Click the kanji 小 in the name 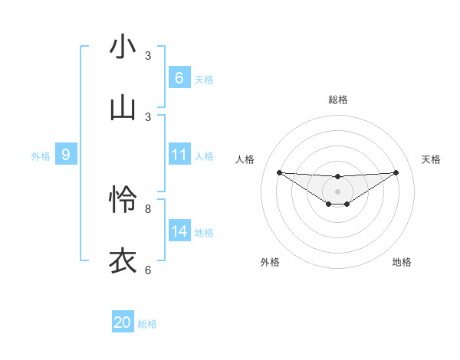point(123,47)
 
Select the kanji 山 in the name point(123,108)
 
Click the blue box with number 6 point(179,78)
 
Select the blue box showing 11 point(179,155)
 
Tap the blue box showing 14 point(179,231)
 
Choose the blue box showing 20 point(122,322)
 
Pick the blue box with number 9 point(66,155)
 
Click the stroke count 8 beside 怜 point(148,208)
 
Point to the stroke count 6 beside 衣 point(148,270)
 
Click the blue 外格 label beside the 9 point(41,155)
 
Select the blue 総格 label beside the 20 point(147,324)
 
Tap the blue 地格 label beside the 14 point(204,232)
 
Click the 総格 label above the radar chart point(337,100)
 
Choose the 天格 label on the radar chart point(432,159)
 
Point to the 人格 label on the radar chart point(245,159)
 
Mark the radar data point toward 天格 point(396,172)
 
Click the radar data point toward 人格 point(279,172)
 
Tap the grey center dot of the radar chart point(337,191)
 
